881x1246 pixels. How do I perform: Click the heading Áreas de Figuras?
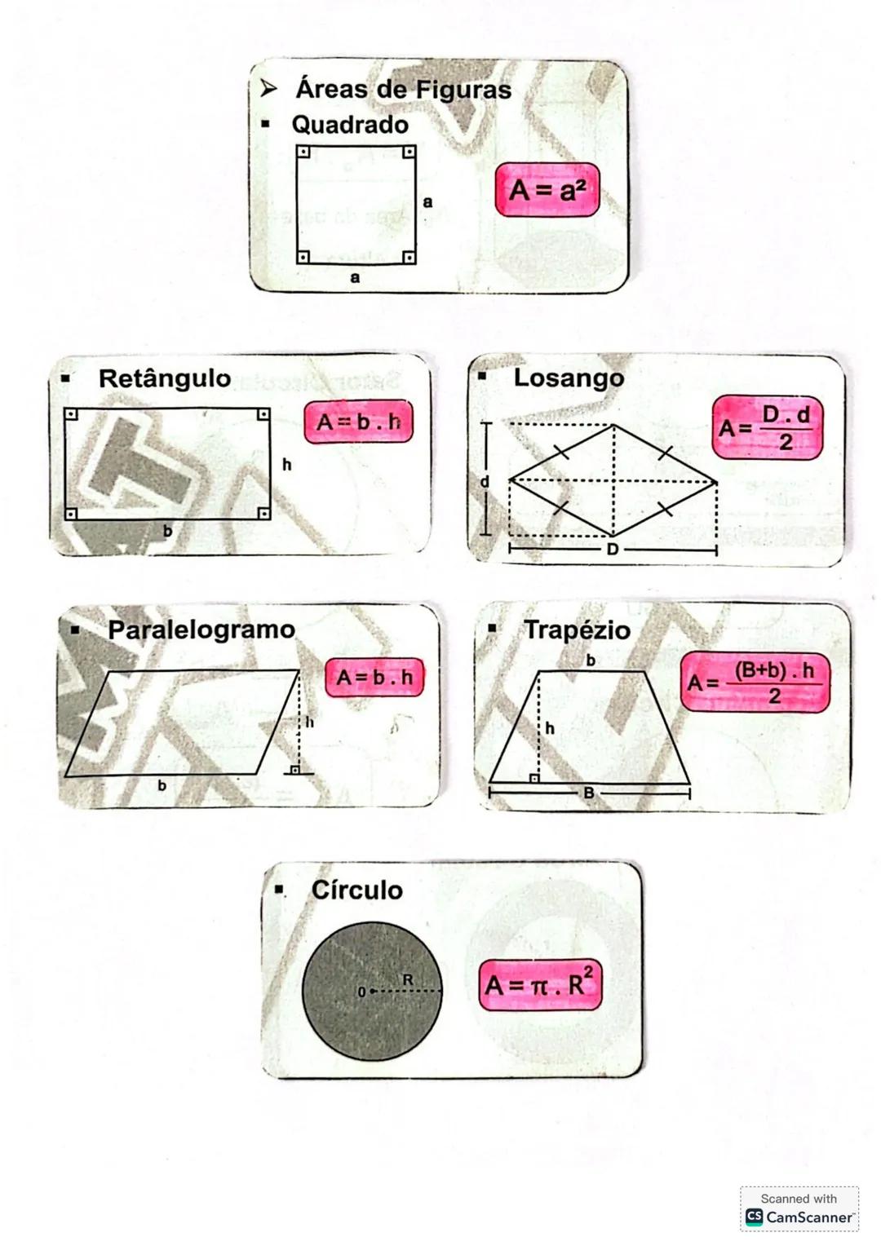(x=403, y=89)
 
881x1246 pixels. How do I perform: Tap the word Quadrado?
(x=350, y=125)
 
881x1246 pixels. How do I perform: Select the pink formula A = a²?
(x=547, y=191)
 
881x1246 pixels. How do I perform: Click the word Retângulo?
(x=164, y=378)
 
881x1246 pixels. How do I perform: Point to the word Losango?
(x=569, y=378)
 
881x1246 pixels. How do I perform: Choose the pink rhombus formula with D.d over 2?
(x=767, y=428)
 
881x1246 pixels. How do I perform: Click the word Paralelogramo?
(x=201, y=630)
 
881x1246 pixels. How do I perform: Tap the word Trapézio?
(x=577, y=630)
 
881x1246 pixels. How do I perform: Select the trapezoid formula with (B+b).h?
(x=755, y=682)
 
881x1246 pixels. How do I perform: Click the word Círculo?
(x=356, y=890)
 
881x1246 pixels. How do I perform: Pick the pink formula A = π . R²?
(x=540, y=985)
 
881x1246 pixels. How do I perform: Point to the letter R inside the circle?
(x=408, y=979)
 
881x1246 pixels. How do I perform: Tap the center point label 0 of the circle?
(x=361, y=992)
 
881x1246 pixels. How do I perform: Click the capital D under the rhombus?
(x=613, y=550)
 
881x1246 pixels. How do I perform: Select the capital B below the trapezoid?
(x=589, y=793)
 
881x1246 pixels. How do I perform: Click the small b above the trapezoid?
(x=591, y=660)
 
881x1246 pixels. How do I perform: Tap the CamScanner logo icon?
(x=755, y=1217)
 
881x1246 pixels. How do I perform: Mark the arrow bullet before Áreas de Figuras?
(x=268, y=89)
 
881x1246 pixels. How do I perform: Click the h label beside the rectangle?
(x=286, y=465)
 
